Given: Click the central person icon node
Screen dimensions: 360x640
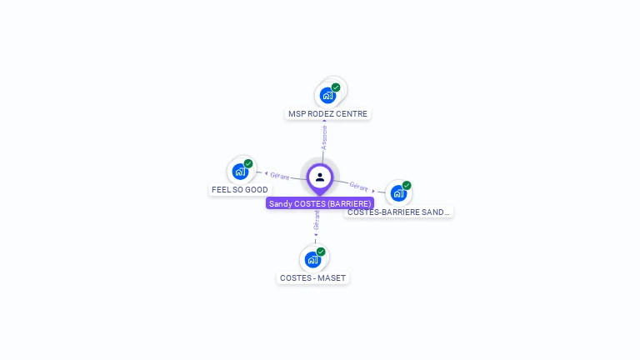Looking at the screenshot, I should (x=320, y=177).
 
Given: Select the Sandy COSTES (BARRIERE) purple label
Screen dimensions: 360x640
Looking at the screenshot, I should (x=320, y=203).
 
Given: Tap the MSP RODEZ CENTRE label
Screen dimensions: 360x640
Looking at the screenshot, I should (x=327, y=114).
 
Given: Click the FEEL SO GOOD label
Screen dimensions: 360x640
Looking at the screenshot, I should (x=240, y=190).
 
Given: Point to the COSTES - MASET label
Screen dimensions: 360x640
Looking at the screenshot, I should (x=312, y=277).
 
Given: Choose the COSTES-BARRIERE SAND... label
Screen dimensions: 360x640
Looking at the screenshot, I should (x=398, y=212).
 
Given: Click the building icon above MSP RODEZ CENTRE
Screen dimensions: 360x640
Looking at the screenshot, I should (x=327, y=95).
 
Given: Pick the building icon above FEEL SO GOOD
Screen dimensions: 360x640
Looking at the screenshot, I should (x=240, y=172).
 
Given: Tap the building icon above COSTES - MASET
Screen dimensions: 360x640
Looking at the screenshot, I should (x=312, y=259).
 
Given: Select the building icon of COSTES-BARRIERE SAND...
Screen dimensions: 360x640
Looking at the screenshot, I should (x=398, y=193).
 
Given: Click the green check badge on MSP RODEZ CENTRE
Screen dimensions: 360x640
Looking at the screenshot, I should (x=336, y=87).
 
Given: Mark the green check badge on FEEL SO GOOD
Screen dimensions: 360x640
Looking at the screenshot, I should (x=248, y=163).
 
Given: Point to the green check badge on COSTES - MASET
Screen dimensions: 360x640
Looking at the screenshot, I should (x=321, y=252).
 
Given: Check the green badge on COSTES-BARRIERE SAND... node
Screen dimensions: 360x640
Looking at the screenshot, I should (x=407, y=185).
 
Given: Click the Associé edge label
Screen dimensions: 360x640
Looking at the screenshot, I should (x=325, y=137).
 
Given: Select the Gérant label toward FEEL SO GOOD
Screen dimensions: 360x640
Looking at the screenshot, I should (x=279, y=176).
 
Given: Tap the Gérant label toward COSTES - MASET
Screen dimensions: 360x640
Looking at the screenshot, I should (x=317, y=220).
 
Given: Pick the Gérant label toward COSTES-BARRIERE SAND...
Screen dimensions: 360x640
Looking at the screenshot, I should (x=359, y=187).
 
